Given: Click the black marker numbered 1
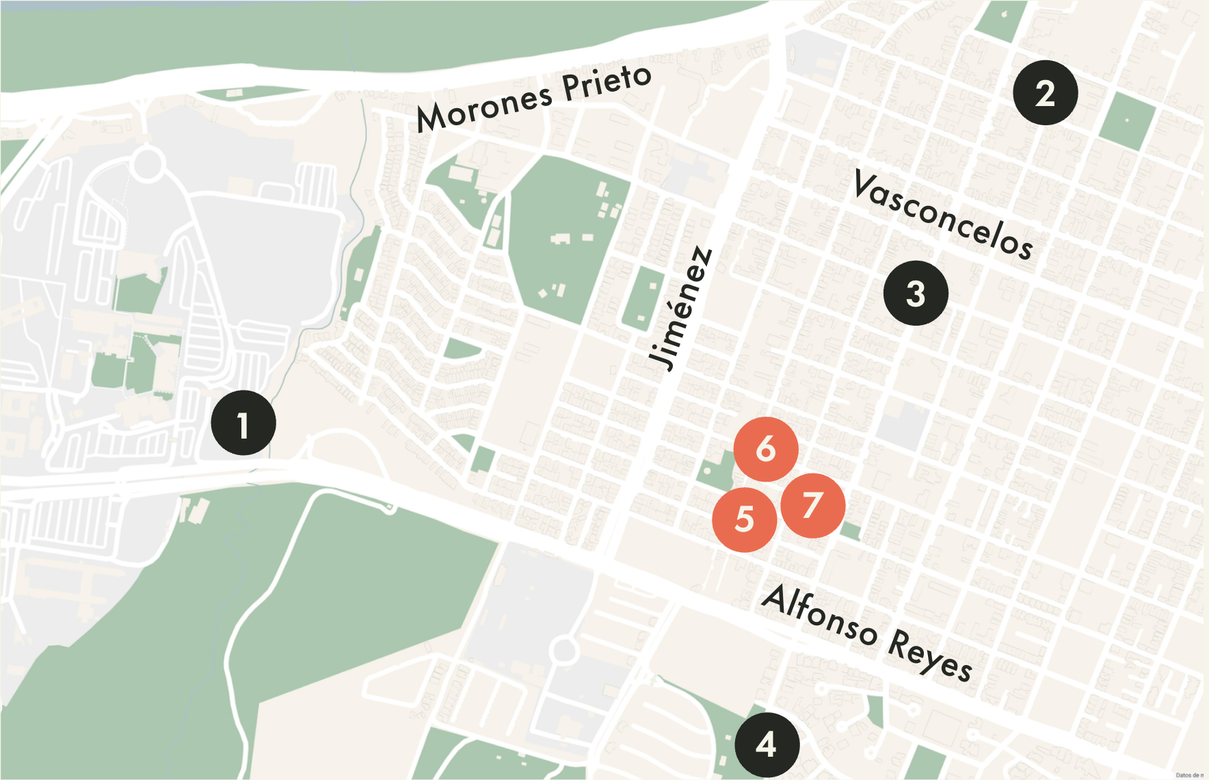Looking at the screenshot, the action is coord(243,423).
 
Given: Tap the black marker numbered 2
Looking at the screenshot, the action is coord(1046,92).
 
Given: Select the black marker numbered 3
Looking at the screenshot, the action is coord(916,294).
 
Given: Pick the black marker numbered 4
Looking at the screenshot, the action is coord(767,744).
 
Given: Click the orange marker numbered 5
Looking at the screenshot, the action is coord(744,519).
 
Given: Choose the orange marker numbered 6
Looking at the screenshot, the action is coord(766,449).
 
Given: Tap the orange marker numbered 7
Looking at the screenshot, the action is coord(812,506).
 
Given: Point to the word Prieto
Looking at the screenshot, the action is coord(606,83).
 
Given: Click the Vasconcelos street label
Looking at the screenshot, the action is coord(944,215).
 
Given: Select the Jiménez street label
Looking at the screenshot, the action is coord(681,309).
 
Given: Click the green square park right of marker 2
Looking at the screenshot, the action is coord(1127,121).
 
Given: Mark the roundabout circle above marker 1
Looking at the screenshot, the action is coord(148,165).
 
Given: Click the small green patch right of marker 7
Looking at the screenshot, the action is coord(851,530).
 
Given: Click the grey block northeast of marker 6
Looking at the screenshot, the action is coord(903,426).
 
